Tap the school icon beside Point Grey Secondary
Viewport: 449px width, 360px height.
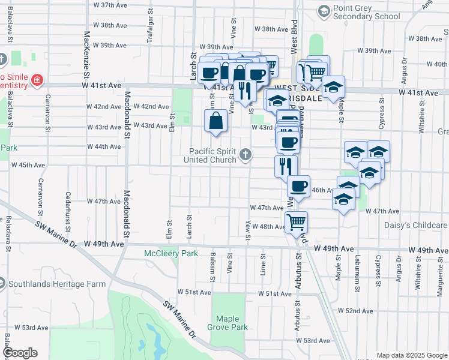point(324,11)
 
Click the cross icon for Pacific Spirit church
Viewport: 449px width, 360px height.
point(245,155)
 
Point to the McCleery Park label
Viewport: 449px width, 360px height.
point(171,254)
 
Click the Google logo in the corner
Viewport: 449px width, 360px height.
point(19,353)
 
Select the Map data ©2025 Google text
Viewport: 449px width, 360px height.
point(411,355)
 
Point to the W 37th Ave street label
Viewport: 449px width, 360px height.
point(112,5)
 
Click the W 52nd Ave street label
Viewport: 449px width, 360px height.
point(355,311)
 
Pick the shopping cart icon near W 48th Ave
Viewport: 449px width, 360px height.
point(296,221)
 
